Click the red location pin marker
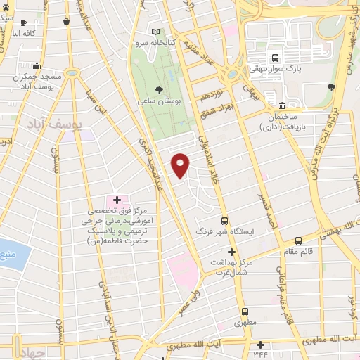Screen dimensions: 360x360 coord(181,165)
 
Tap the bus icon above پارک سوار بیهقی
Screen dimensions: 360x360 coord(275,58)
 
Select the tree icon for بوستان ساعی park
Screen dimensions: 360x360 coord(160,89)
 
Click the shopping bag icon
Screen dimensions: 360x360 coord(66,22)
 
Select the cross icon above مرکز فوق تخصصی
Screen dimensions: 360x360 coord(117,200)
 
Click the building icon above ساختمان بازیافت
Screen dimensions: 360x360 coord(282,105)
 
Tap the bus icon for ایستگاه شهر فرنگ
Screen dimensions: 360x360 coord(225,219)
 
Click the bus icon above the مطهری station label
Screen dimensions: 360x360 coord(245,311)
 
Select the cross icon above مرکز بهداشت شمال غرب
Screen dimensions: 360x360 coord(231,251)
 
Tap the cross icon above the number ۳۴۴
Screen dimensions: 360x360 coord(261,344)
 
